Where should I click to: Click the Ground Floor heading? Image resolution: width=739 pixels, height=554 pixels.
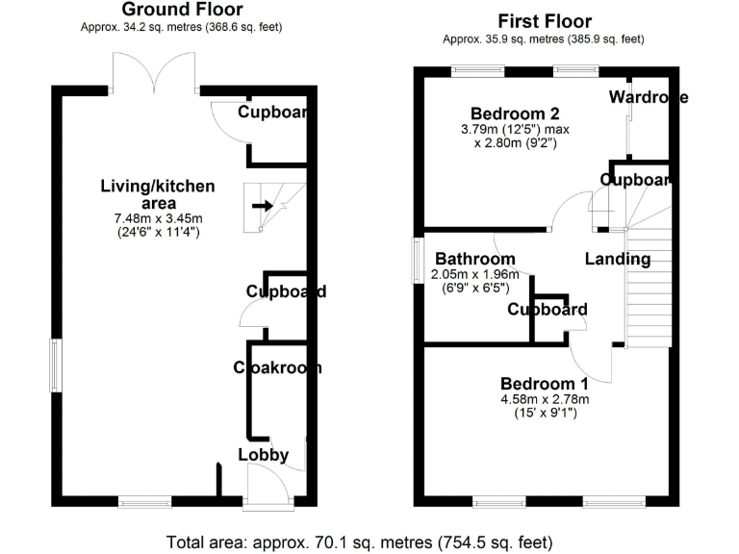(x=182, y=10)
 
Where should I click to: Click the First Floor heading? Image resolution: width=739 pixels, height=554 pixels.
(x=544, y=21)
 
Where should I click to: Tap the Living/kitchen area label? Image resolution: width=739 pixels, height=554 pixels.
(x=158, y=194)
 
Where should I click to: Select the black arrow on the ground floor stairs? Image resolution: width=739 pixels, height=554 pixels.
(x=262, y=205)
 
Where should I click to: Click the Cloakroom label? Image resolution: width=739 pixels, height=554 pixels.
(x=277, y=367)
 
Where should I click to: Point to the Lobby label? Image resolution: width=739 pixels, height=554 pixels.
(x=263, y=455)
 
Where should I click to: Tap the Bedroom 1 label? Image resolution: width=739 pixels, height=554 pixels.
(x=544, y=380)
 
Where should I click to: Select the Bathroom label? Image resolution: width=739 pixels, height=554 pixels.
(x=474, y=260)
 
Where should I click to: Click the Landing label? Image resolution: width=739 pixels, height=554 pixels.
(x=617, y=259)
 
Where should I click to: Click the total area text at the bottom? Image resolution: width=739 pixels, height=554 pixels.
(x=360, y=541)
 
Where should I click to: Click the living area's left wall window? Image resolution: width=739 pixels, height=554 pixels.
(x=56, y=365)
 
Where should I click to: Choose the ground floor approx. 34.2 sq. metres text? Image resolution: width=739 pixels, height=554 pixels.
(x=182, y=27)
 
